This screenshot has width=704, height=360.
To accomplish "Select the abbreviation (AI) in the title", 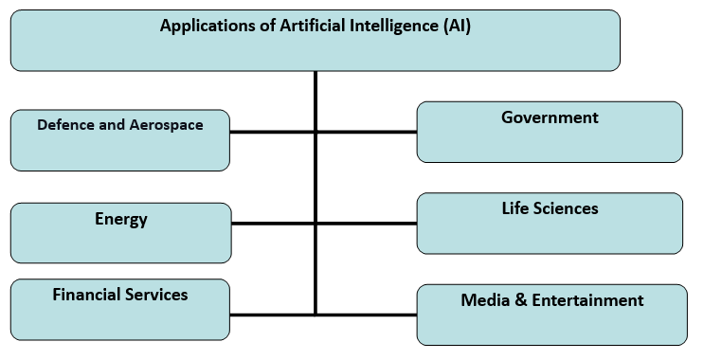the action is click(x=456, y=27).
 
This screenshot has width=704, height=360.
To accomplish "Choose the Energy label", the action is click(x=121, y=219).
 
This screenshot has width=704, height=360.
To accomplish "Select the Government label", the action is click(x=550, y=117).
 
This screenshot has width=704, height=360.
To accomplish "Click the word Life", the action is click(x=518, y=207).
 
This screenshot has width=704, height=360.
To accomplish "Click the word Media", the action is click(x=483, y=300).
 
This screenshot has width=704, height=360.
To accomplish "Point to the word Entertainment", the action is click(x=586, y=300).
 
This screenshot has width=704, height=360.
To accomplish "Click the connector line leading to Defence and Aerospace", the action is click(x=272, y=132).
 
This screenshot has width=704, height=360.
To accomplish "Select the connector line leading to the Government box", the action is click(x=367, y=132).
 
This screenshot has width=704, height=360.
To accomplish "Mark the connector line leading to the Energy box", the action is click(x=273, y=224).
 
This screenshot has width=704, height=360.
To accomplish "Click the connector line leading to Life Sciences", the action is click(x=367, y=224).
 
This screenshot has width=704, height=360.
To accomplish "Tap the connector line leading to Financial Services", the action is click(x=272, y=314).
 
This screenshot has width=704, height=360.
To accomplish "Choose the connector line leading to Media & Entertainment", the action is click(x=367, y=314).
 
